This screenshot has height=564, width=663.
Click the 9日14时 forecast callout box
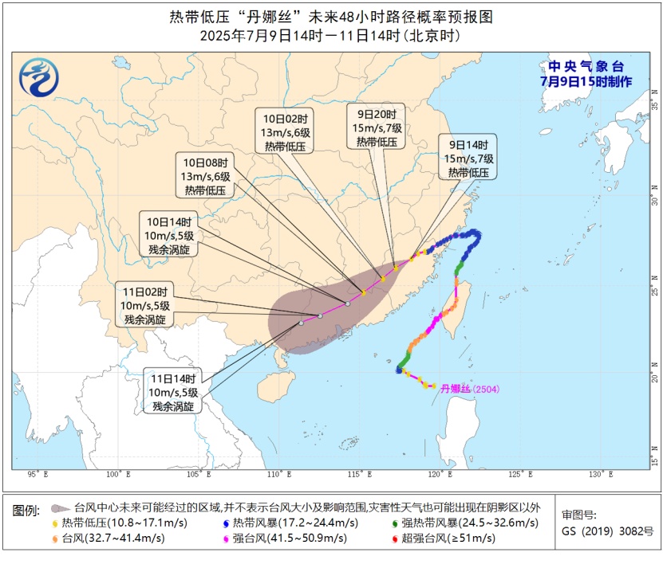pyautogui.click(x=468, y=158)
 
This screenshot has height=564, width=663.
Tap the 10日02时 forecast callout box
pyautogui.click(x=284, y=131)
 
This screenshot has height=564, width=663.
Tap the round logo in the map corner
pyautogui.click(x=39, y=79)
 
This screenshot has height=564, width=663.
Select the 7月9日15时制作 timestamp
pyautogui.click(x=586, y=82)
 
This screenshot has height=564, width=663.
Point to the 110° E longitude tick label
pyautogui.click(x=280, y=475)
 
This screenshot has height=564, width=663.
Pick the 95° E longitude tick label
pyautogui.click(x=37, y=475)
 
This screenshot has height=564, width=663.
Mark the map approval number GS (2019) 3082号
pyautogui.click(x=596, y=531)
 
